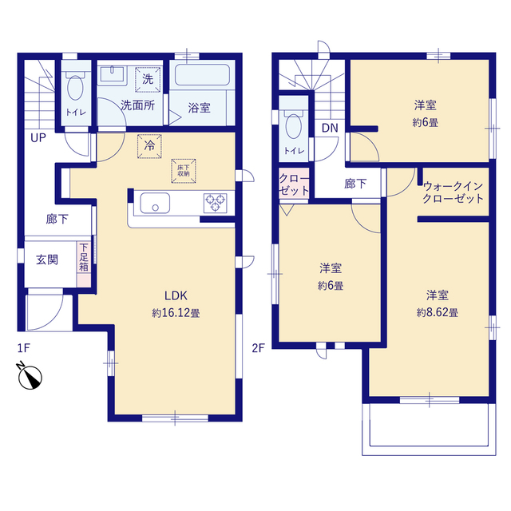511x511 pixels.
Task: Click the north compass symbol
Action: (30, 376)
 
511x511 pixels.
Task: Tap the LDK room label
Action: (176, 295)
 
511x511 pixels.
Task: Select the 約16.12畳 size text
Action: (176, 313)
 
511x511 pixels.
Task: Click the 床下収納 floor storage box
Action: (183, 170)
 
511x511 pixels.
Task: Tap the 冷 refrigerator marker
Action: (149, 146)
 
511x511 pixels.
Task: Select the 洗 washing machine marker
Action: (147, 79)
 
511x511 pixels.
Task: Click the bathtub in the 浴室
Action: (203, 77)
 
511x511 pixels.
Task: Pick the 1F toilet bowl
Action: (77, 87)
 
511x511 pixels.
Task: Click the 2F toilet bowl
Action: (294, 125)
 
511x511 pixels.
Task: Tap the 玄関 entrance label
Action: (46, 259)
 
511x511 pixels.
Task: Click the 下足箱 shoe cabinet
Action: (83, 257)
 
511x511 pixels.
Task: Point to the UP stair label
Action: (38, 138)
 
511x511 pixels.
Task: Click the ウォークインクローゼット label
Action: (453, 192)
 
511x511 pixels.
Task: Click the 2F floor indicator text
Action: (258, 348)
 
